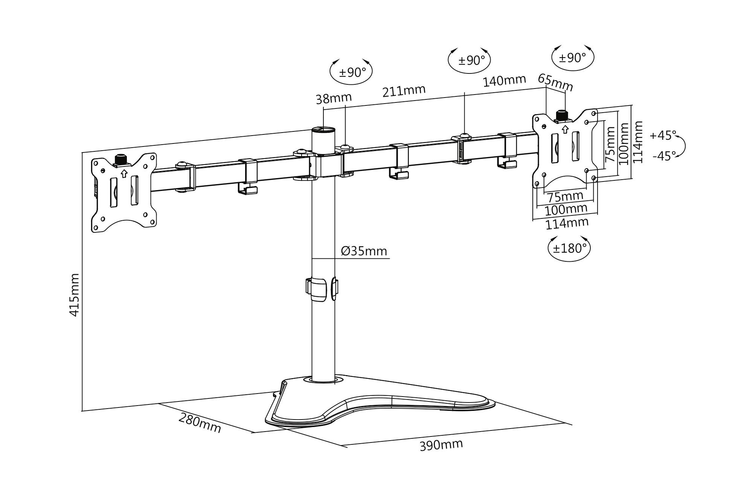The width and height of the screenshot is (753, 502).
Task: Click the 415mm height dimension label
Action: pyautogui.click(x=75, y=295)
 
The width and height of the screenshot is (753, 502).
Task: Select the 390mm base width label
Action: pyautogui.click(x=441, y=445)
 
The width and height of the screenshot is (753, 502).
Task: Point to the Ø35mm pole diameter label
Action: pyautogui.click(x=364, y=251)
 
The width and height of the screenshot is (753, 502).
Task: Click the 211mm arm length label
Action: pyautogui.click(x=404, y=91)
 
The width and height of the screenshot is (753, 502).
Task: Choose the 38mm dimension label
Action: pyautogui.click(x=334, y=98)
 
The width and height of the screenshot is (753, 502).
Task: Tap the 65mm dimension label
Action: pyautogui.click(x=555, y=83)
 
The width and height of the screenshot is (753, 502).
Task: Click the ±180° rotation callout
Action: pyautogui.click(x=569, y=248)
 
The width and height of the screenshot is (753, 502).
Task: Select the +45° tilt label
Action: pyautogui.click(x=663, y=135)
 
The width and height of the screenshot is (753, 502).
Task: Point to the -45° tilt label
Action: pyautogui.click(x=664, y=156)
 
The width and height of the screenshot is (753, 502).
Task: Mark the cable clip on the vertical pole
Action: pyautogui.click(x=317, y=290)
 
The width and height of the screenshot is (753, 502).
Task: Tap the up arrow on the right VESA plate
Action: pyautogui.click(x=565, y=129)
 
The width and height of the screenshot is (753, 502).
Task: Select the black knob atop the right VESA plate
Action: pyautogui.click(x=562, y=114)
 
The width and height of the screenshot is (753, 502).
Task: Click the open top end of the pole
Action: pyautogui.click(x=323, y=130)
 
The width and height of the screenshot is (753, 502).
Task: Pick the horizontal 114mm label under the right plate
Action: pyautogui.click(x=567, y=223)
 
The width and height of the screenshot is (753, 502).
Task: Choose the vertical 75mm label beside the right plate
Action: pyautogui.click(x=610, y=144)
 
